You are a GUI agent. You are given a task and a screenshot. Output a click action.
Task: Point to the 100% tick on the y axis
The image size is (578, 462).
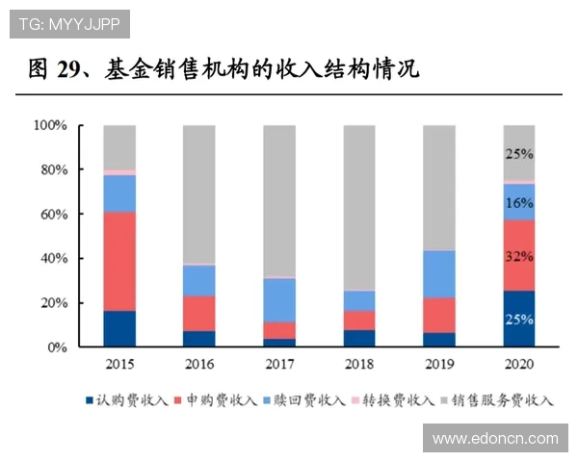point(49,126)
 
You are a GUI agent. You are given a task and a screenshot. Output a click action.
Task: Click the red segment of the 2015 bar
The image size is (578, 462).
point(119,261)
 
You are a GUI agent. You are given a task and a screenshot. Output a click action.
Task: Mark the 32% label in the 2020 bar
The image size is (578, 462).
point(519,256)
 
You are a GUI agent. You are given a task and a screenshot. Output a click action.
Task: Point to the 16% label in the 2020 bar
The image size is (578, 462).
point(519,203)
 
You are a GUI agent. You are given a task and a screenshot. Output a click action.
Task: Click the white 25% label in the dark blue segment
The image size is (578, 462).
point(519,319)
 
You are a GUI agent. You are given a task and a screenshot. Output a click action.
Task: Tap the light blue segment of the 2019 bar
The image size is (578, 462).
point(439,274)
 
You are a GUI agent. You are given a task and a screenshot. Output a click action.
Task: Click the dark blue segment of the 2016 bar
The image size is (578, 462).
point(199,339)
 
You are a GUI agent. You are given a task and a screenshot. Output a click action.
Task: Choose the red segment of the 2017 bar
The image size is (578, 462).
point(279,330)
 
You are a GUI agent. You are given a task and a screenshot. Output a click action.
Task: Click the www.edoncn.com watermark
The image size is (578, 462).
point(494,438)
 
